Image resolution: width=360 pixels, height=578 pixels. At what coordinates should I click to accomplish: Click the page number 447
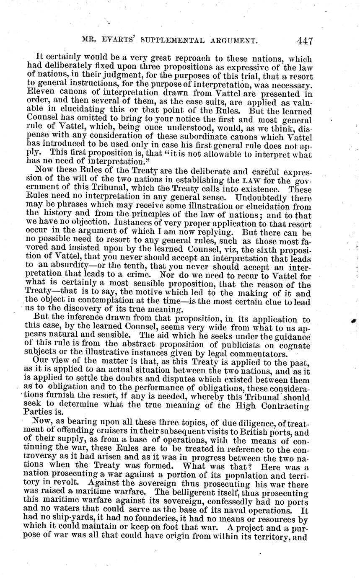pyautogui.click(x=305, y=41)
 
